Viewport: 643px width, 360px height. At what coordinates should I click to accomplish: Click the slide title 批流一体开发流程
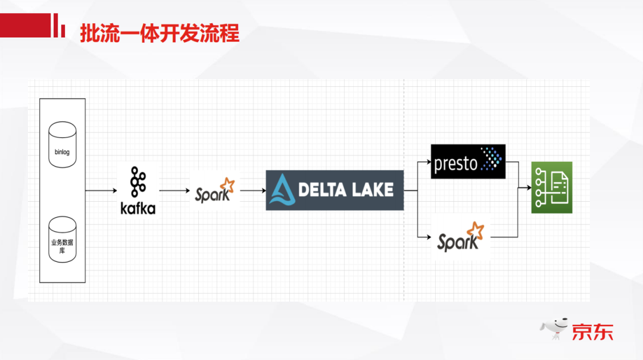pos(160,34)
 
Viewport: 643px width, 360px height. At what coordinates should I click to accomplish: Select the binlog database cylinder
pos(63,145)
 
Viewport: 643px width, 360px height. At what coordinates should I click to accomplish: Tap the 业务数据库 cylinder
pos(63,241)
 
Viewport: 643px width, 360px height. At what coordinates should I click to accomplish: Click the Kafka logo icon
pos(138,182)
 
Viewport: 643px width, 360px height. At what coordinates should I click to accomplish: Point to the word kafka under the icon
pos(138,208)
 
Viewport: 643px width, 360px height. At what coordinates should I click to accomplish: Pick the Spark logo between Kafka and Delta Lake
pos(214,190)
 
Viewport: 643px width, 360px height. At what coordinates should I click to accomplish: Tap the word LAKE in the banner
pos(372,190)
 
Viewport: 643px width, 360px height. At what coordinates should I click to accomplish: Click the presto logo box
pos(468,161)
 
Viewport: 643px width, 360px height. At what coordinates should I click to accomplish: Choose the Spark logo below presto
pos(461,237)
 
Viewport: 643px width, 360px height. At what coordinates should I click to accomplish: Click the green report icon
pos(551,187)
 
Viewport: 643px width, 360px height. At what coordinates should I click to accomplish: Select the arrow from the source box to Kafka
pos(101,190)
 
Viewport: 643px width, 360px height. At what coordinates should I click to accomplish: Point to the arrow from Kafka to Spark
pos(174,190)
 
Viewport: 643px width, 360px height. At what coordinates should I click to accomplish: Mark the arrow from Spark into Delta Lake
pos(252,190)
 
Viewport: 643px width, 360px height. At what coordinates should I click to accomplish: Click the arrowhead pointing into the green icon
pos(527,187)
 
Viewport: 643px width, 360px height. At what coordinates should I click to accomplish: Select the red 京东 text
pos(592,331)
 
